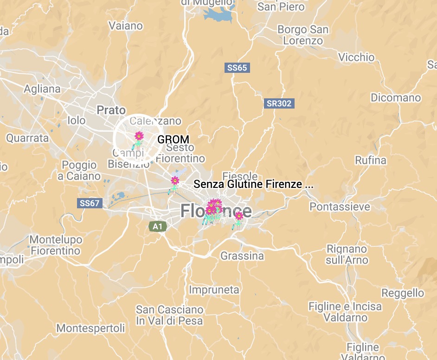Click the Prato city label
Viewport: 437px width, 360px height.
tap(111, 110)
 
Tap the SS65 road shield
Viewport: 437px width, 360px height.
tap(237, 68)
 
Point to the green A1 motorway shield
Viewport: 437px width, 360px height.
tap(158, 226)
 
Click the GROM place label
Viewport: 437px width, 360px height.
tap(174, 139)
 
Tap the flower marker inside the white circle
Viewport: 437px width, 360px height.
tap(139, 136)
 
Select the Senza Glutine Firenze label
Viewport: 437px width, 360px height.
tap(253, 184)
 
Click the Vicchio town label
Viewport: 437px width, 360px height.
tap(356, 58)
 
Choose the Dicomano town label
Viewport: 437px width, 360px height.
tap(396, 98)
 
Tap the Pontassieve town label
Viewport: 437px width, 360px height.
tap(340, 206)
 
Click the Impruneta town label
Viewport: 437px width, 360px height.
tap(214, 290)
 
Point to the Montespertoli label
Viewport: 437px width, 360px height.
tap(90, 328)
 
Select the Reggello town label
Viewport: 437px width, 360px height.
tap(403, 293)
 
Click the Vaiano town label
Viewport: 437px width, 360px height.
tap(125, 26)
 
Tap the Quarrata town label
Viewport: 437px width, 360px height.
tap(27, 138)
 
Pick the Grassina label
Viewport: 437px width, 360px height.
tap(242, 256)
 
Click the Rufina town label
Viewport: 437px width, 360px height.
tap(371, 161)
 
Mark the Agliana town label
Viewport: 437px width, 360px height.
tap(42, 89)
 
